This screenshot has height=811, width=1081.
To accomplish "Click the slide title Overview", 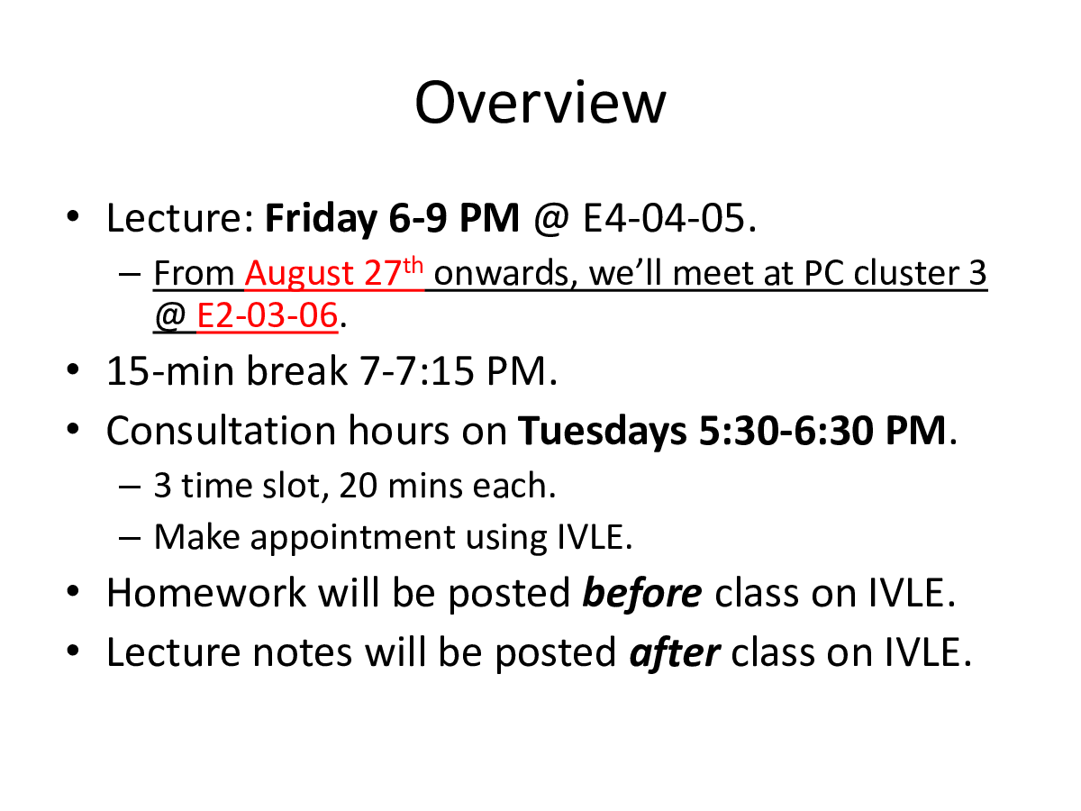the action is (540, 103).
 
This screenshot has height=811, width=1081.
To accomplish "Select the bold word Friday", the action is (321, 218).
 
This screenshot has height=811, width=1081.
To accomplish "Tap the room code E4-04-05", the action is (669, 218).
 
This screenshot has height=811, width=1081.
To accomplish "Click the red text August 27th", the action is (334, 272).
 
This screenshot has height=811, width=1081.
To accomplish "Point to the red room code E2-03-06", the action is (268, 314).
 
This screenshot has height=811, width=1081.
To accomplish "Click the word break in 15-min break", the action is (296, 370).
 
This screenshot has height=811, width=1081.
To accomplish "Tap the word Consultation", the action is (221, 431).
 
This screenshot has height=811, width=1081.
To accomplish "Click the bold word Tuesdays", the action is (603, 432).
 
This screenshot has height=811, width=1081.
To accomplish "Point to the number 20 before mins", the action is (358, 486).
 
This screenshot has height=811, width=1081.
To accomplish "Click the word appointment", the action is (352, 538).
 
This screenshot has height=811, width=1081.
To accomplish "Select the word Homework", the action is (206, 592).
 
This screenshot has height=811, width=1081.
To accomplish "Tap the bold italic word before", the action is (642, 592).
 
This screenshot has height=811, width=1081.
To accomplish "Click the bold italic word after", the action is (676, 653).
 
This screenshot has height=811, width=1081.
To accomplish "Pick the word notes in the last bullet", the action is (303, 653).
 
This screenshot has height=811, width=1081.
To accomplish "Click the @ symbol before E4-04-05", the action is (551, 219).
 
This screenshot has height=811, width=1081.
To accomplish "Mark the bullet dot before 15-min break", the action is (72, 369).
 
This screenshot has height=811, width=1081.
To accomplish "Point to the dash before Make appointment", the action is (130, 538).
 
